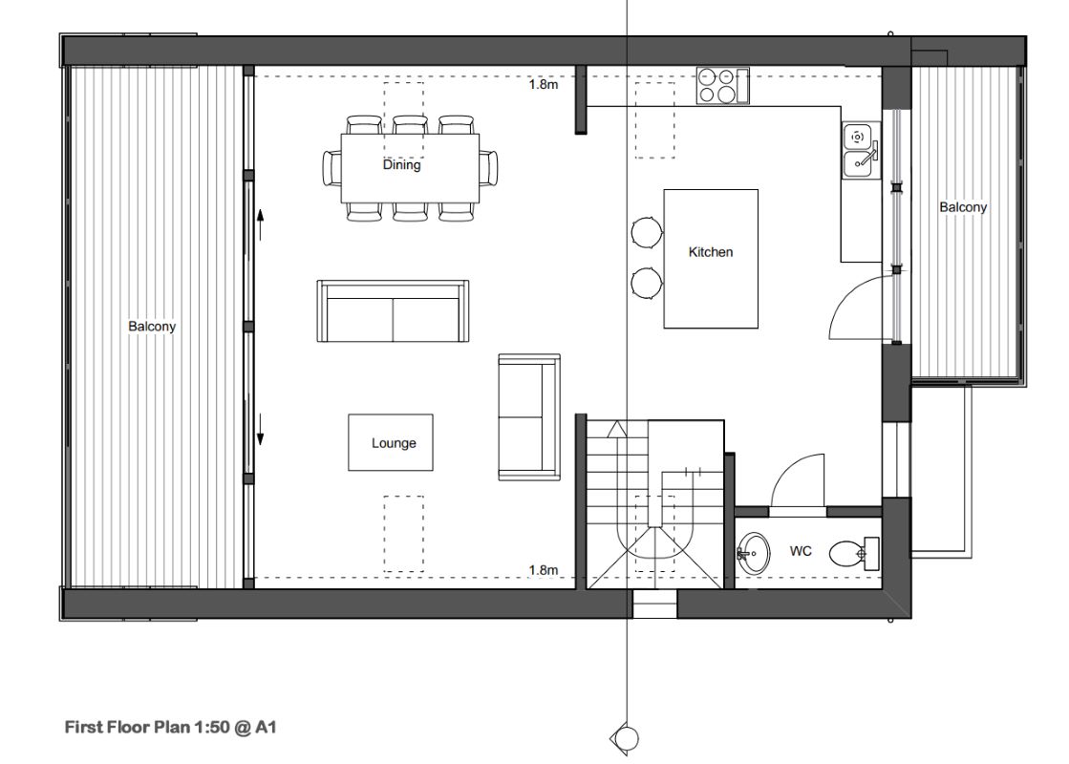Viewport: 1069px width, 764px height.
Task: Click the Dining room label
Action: [x=401, y=164]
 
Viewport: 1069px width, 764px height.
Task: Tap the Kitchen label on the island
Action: [x=711, y=252]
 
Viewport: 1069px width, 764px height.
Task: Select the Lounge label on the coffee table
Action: [x=394, y=443]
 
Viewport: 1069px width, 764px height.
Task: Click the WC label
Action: [x=801, y=551]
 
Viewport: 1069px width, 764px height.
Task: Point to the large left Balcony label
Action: [x=152, y=327]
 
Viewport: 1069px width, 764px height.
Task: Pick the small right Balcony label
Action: [x=962, y=207]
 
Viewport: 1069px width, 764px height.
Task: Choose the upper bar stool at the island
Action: [x=647, y=232]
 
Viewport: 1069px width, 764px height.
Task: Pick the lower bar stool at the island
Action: [x=647, y=282]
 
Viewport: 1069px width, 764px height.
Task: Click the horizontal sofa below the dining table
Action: [x=394, y=311]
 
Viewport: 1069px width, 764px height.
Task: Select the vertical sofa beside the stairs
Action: [x=528, y=416]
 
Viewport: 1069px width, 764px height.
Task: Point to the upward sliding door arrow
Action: [x=260, y=225]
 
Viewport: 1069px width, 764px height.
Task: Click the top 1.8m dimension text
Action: [x=544, y=84]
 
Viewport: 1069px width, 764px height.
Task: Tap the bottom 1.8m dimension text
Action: [x=544, y=570]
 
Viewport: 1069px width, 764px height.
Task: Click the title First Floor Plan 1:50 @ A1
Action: [x=170, y=727]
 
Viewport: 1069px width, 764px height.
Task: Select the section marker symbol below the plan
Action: [x=626, y=736]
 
